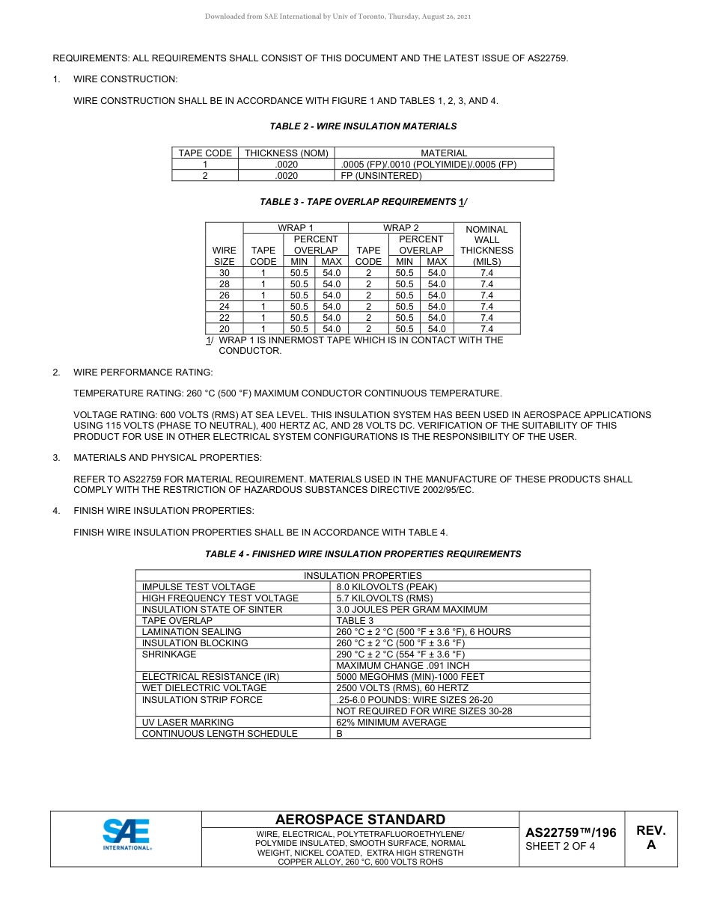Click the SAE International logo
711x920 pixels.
point(126,835)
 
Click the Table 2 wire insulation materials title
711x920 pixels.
point(363,126)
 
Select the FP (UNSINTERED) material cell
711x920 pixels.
point(381,176)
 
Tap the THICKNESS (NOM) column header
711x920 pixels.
point(287,153)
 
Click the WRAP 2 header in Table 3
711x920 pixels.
point(400,228)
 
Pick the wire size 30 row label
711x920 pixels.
point(224,273)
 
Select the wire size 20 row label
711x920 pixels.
point(224,329)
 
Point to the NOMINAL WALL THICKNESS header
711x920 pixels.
point(486,245)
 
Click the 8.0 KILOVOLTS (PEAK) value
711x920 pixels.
point(386,587)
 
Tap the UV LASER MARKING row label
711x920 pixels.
point(188,723)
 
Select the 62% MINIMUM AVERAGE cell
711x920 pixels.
point(391,723)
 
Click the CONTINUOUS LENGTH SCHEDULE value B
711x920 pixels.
point(340,734)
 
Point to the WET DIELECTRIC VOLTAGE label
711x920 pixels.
point(204,688)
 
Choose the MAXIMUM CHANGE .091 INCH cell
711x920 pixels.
point(403,666)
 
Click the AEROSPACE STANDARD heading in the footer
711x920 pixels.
point(360,820)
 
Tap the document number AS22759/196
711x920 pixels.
point(570,833)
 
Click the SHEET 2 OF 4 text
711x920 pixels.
point(561,847)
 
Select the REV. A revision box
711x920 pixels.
point(650,838)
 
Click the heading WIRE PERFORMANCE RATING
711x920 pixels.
point(143,372)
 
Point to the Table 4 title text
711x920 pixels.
point(363,554)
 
